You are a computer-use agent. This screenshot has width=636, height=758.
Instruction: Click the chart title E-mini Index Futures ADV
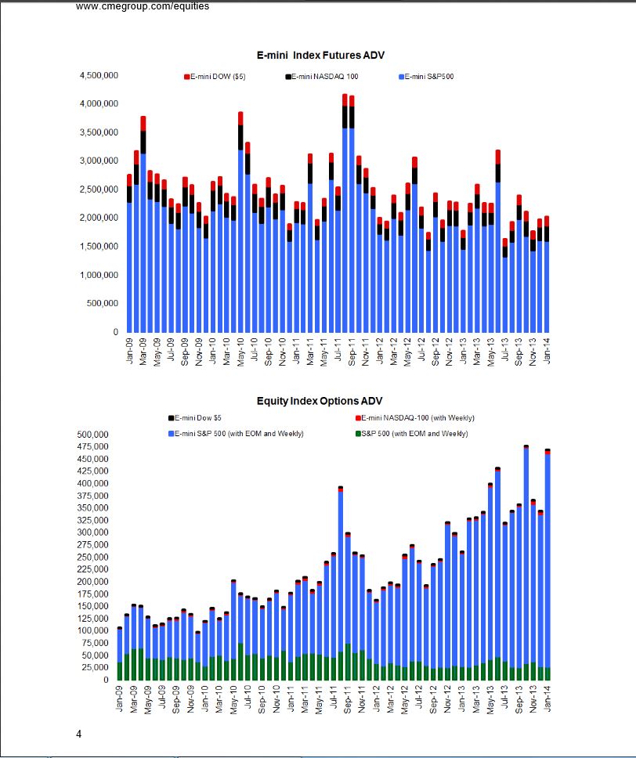[x=320, y=56]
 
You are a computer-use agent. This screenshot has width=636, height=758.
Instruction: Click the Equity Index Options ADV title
[x=320, y=401]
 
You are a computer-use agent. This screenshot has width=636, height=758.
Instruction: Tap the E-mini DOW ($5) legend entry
[x=215, y=77]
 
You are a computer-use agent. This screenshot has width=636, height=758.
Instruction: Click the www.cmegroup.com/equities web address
[x=143, y=6]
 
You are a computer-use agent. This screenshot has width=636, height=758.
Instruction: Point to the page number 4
[x=78, y=734]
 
